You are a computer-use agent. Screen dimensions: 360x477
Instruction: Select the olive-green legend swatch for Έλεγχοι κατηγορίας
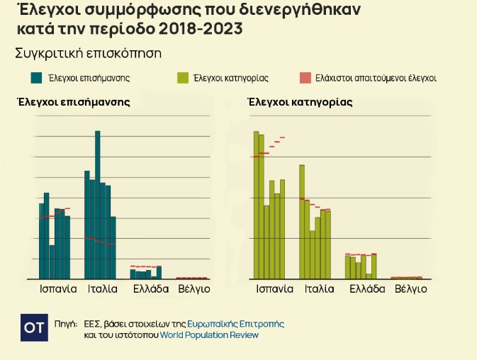181,78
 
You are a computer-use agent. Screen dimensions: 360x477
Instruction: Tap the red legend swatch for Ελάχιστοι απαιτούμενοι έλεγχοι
305,78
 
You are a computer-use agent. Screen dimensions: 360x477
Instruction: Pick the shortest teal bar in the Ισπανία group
52,262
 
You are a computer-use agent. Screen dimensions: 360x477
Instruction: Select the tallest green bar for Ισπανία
257,206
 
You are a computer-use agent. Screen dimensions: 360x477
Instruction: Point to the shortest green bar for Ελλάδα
369,276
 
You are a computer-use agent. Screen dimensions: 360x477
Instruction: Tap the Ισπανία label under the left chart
58,289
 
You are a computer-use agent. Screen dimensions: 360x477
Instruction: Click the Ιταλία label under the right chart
319,289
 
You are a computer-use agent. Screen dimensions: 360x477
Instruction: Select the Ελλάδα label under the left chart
151,289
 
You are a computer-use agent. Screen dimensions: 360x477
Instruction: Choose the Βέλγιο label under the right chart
410,289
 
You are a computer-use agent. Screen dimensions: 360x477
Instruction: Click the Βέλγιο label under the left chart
193,289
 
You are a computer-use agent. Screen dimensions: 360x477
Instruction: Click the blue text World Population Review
209,335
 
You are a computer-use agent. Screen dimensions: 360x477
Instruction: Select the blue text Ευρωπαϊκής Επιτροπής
235,324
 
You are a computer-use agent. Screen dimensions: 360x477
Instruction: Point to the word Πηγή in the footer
65,324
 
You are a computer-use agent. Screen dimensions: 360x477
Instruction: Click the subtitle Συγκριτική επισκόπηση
89,53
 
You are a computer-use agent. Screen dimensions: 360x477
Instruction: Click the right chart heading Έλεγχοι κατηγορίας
301,102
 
